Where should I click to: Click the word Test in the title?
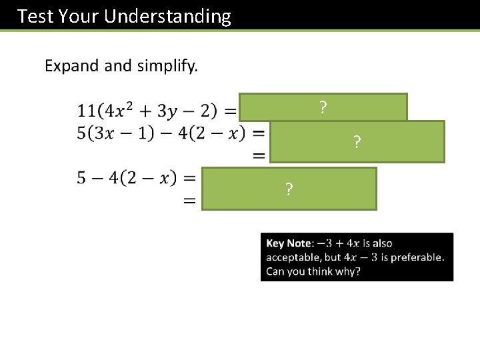click(35, 16)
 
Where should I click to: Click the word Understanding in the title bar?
click(170, 16)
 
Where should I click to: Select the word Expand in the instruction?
click(70, 66)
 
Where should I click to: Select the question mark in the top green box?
click(323, 107)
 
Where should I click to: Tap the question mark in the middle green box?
click(357, 142)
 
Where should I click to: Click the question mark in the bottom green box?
click(289, 189)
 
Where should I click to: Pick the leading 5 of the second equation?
click(81, 132)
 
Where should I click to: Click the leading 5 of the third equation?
click(81, 178)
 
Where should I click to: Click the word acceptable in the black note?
click(293, 258)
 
